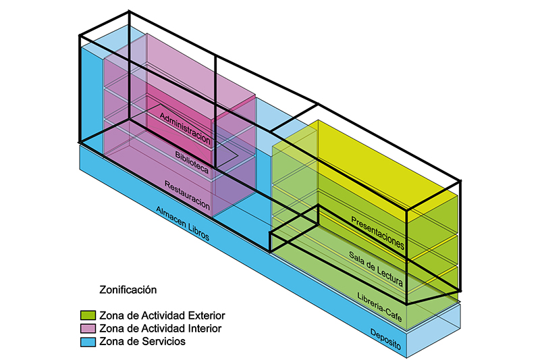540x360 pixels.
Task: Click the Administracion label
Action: tap(186, 128)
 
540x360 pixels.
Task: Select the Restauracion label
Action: tap(188, 195)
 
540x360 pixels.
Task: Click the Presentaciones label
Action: tap(377, 232)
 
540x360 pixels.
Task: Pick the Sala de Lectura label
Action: tap(376, 269)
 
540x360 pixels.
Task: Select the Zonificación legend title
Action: tap(128, 290)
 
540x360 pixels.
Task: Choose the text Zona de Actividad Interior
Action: tap(160, 328)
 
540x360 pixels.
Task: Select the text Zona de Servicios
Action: tap(142, 342)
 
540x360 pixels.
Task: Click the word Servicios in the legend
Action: tap(164, 342)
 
